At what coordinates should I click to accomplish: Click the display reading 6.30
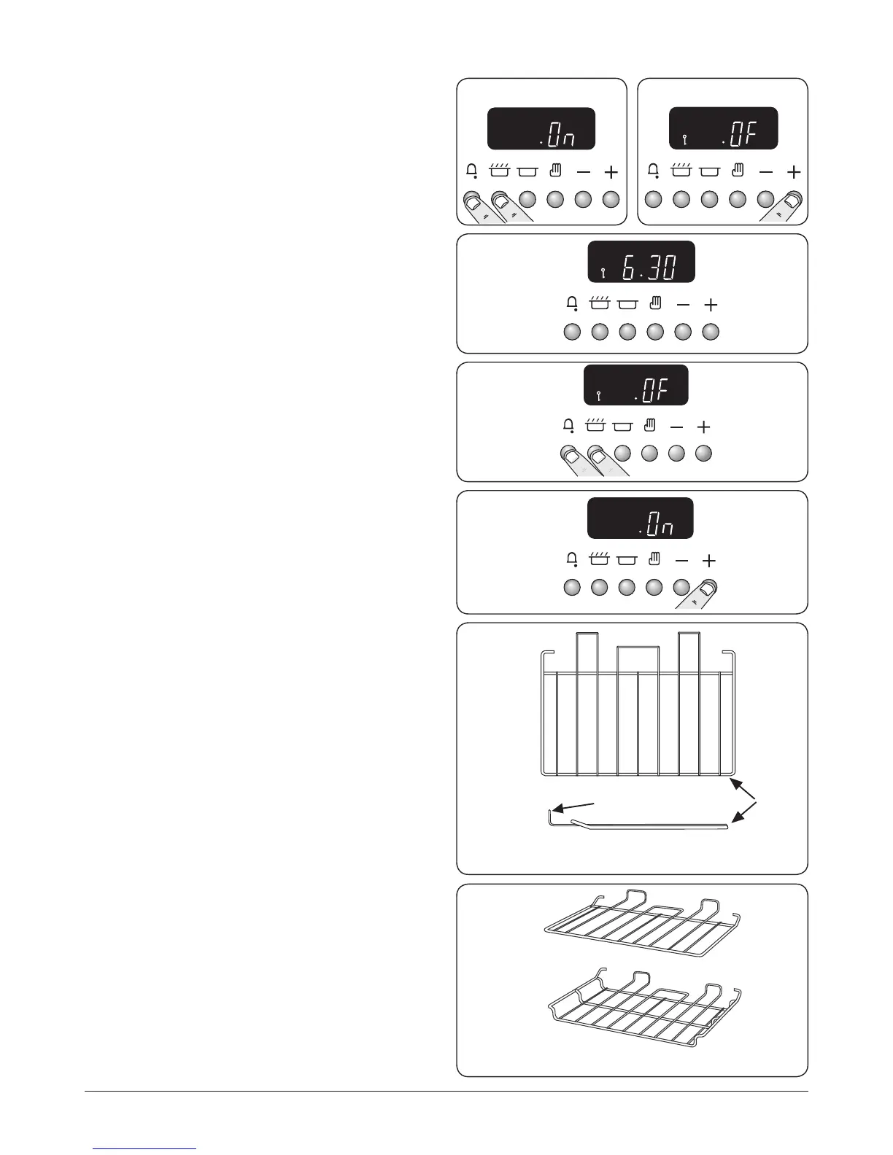pyautogui.click(x=641, y=262)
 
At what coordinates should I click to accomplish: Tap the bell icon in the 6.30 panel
pyautogui.click(x=572, y=304)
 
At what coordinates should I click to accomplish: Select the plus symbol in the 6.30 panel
pyautogui.click(x=711, y=305)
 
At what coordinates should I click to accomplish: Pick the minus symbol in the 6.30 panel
pyautogui.click(x=683, y=305)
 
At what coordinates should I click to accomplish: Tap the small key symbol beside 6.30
pyautogui.click(x=603, y=273)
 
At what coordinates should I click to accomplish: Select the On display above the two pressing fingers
pyautogui.click(x=541, y=129)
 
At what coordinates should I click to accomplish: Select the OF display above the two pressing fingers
pyautogui.click(x=635, y=385)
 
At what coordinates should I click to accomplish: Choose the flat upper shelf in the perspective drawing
pyautogui.click(x=642, y=926)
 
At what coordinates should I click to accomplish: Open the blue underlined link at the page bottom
pyautogui.click(x=145, y=1149)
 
